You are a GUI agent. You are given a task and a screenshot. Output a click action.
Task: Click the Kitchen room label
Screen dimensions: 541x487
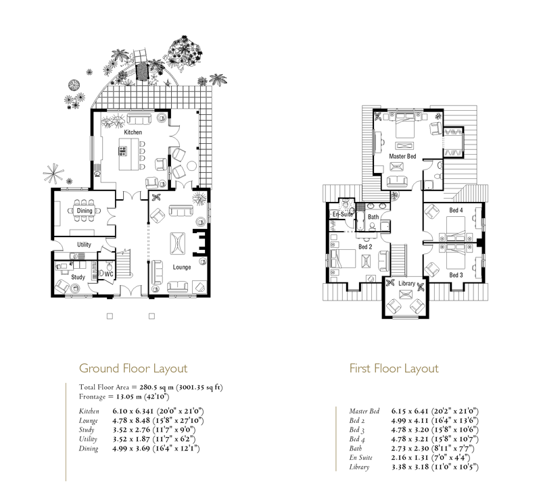[x=133, y=132]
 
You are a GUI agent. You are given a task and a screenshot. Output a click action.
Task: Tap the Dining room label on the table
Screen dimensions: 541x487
[x=85, y=211]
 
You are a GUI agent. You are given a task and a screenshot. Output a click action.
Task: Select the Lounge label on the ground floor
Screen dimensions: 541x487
[x=182, y=267]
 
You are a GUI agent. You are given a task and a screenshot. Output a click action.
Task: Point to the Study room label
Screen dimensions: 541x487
[x=78, y=277]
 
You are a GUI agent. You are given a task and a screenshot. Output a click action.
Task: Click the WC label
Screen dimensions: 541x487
[x=109, y=274]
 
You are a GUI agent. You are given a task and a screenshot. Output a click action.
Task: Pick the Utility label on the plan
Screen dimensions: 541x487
[x=84, y=245]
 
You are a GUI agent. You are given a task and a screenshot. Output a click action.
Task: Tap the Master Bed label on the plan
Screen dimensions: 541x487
[x=402, y=156]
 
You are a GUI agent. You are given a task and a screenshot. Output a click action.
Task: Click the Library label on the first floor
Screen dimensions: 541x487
[x=407, y=283]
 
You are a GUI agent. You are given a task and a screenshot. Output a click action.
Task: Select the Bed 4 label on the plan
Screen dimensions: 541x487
[x=456, y=210]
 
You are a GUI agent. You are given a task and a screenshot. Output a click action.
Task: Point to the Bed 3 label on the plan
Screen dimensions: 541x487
[x=456, y=275]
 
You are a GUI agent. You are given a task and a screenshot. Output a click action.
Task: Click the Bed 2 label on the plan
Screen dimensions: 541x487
[x=365, y=247]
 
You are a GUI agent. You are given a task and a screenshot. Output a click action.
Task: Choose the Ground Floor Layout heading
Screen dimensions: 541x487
[x=133, y=369]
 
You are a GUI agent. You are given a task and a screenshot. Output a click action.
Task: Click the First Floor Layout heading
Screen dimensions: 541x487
[x=394, y=369]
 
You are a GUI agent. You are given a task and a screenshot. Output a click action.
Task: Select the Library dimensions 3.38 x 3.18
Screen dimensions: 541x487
[x=410, y=467]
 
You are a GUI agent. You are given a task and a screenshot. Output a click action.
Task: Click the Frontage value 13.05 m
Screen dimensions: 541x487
[x=128, y=396]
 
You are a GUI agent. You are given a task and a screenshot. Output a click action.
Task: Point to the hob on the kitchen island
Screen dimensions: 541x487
[x=123, y=151]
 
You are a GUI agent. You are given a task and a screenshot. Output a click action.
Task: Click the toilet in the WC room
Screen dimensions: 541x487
[x=110, y=266]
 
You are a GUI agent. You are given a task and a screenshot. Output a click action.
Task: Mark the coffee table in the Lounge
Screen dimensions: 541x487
[x=178, y=243]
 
